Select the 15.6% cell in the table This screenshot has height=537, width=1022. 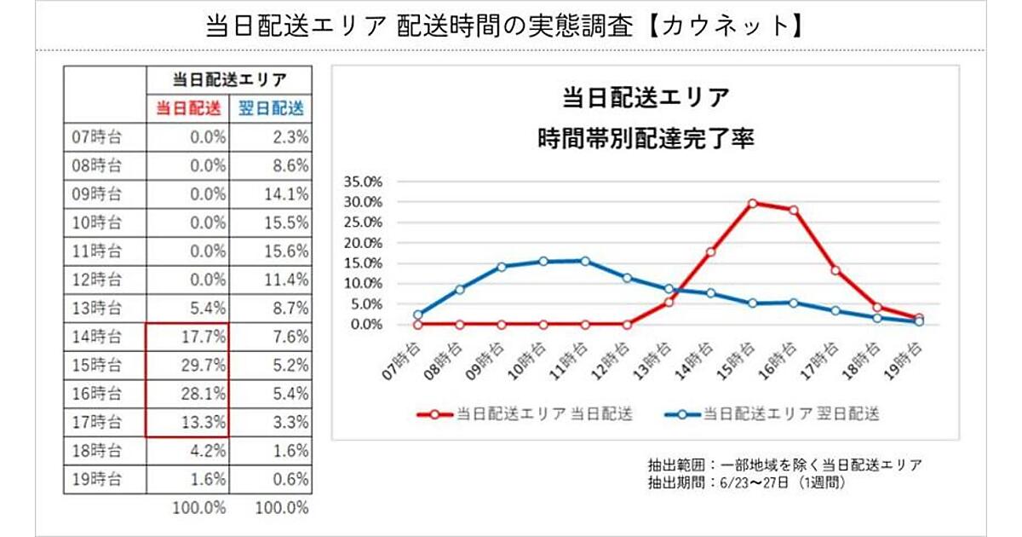[286, 250]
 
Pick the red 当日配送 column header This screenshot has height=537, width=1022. [187, 107]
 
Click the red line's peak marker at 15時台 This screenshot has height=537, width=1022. [752, 203]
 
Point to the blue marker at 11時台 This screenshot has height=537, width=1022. [585, 261]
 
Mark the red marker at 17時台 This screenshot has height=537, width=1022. [835, 270]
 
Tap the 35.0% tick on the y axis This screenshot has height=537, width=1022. [363, 182]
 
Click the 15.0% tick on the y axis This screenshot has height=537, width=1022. [363, 263]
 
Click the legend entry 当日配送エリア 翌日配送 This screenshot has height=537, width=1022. [790, 414]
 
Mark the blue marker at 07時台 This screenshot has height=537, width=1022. [418, 315]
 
